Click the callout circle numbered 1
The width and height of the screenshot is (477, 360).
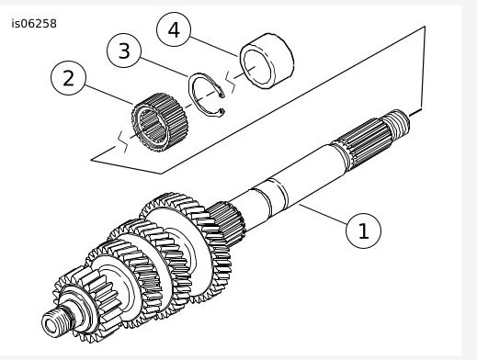point(363,230)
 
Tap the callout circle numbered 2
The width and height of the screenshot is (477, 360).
point(69,78)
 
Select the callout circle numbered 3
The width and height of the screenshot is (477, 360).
point(126,51)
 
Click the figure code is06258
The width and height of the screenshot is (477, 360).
point(34,23)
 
